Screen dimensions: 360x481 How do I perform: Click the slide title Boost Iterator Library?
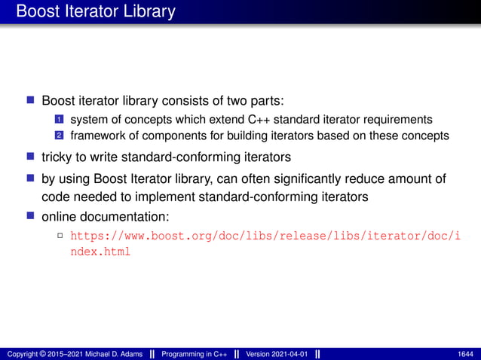95,12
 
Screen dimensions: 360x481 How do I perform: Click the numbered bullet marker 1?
58,119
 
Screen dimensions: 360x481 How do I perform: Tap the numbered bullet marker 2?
58,136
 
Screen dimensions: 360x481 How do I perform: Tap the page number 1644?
465,354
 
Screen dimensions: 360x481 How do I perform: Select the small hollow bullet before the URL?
60,236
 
